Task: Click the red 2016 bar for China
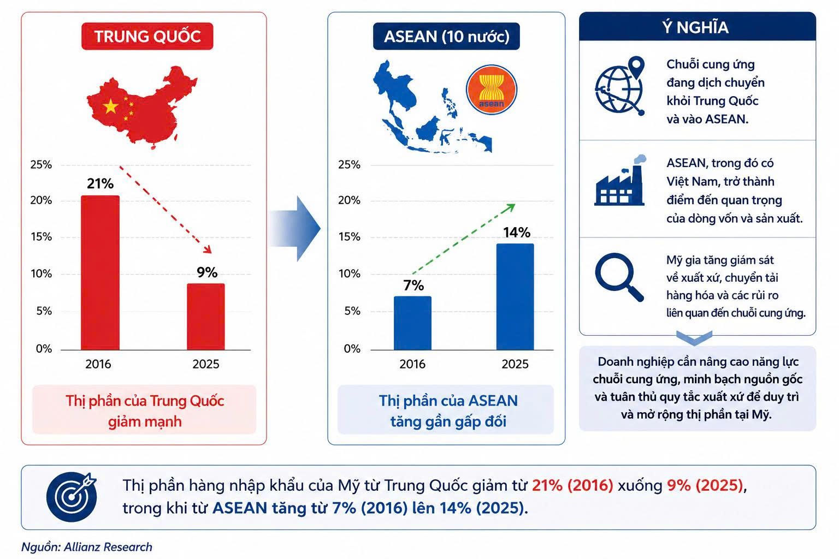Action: [101, 272]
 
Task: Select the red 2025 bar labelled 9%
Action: [206, 317]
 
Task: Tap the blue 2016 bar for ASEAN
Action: [412, 323]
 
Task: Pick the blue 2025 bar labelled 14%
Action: [515, 297]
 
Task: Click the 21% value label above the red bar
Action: [100, 183]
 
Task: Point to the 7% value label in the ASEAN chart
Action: [413, 286]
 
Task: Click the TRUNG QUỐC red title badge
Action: [147, 37]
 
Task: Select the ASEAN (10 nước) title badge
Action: [446, 37]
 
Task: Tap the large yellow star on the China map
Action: [111, 106]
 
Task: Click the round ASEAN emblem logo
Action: [492, 90]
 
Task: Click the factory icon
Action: [620, 181]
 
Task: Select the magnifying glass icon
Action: [619, 277]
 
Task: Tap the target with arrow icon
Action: [72, 497]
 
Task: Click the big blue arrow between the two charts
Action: [295, 228]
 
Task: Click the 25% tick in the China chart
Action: [41, 164]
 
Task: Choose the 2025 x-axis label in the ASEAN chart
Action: [515, 364]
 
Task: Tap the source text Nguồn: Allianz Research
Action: [86, 547]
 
